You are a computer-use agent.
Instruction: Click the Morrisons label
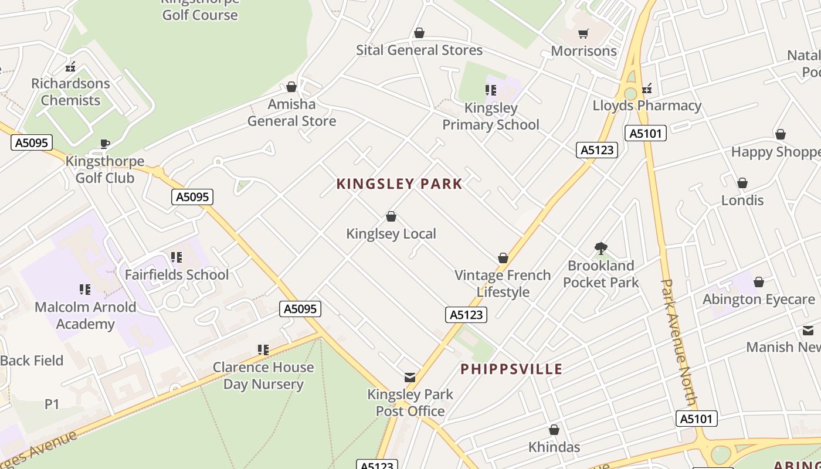(x=583, y=51)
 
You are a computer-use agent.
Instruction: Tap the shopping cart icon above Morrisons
(x=583, y=33)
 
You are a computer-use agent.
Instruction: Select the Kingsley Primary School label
(x=491, y=116)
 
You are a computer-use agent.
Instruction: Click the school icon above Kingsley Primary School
(x=491, y=90)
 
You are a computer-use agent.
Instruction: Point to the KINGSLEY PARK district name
(x=399, y=184)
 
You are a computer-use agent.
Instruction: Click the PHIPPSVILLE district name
(x=511, y=369)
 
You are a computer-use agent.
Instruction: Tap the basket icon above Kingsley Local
(x=391, y=217)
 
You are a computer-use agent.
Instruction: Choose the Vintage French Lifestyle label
(x=503, y=283)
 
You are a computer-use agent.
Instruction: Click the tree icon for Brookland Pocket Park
(x=601, y=249)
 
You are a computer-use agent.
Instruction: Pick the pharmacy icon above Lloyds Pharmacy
(x=647, y=89)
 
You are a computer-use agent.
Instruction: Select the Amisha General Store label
(x=291, y=113)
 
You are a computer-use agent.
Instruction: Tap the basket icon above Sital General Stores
(x=419, y=33)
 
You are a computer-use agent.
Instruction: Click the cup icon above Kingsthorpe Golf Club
(x=104, y=144)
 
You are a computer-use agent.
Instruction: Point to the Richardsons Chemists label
(x=70, y=92)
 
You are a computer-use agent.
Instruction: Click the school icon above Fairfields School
(x=177, y=257)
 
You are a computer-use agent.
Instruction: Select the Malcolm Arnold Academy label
(x=86, y=315)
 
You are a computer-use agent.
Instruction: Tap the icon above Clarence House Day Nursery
(x=263, y=350)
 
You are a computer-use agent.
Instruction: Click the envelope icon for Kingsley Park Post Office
(x=410, y=378)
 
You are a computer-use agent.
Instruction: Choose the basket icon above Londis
(x=742, y=183)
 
